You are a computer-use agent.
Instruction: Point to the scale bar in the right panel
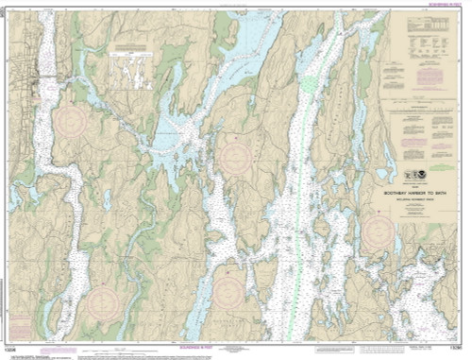click(416, 212)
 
